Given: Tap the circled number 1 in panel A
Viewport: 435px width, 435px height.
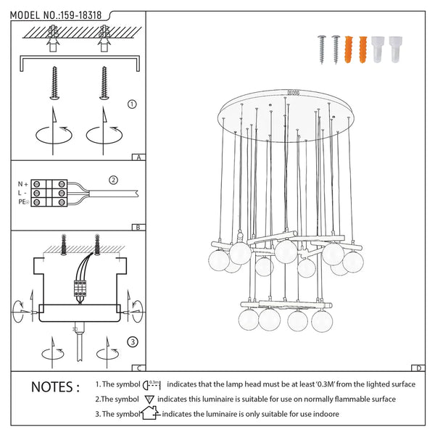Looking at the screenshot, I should [131, 104].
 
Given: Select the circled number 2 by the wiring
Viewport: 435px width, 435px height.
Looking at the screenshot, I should [113, 180].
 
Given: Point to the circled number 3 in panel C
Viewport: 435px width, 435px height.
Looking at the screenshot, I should [132, 341].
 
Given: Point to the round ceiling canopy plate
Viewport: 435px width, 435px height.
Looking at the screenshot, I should [290, 115].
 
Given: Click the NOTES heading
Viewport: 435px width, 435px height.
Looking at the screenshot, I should [55, 387].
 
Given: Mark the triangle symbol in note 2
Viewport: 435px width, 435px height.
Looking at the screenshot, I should [149, 399].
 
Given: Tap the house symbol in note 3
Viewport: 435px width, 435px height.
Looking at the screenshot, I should [149, 414].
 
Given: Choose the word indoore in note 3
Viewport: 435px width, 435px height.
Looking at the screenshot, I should [324, 414].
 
